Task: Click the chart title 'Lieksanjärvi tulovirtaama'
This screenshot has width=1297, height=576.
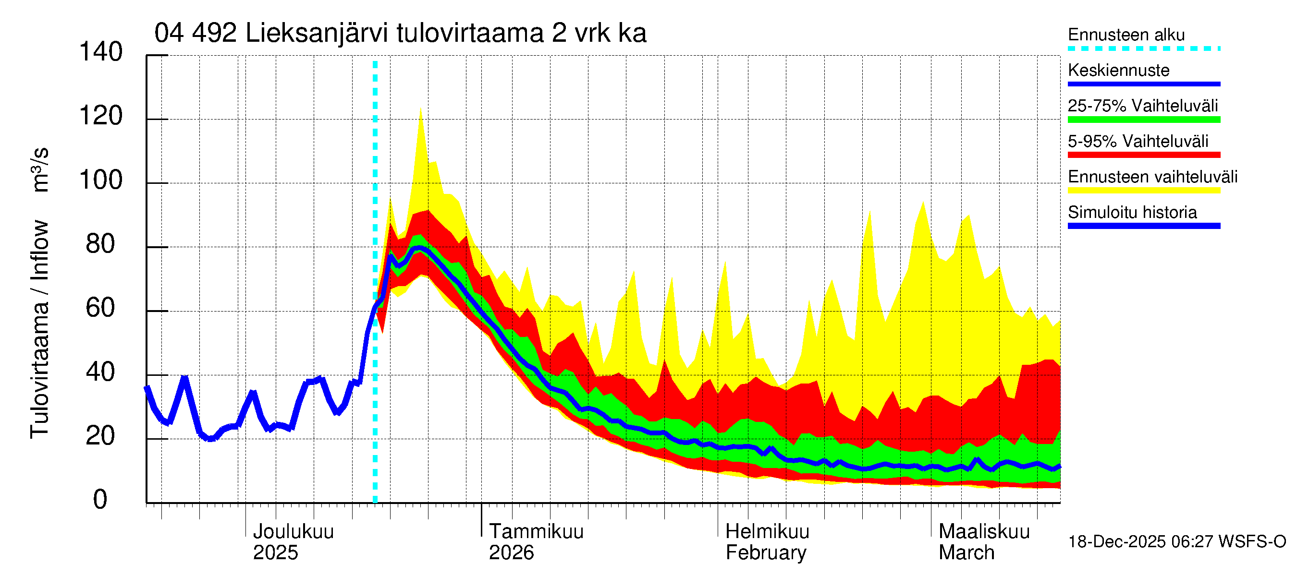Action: coord(400,34)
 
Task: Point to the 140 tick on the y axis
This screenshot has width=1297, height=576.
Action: coord(101,52)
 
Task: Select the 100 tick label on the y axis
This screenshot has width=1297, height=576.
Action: coord(101,180)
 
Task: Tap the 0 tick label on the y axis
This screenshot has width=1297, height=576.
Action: coord(100,500)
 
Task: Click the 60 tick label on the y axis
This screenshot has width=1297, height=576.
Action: coord(101,308)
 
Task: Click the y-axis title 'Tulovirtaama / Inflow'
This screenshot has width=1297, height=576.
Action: coord(39,329)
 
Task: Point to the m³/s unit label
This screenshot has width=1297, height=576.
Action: coord(39,169)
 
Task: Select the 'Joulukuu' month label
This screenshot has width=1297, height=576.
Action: coord(293,531)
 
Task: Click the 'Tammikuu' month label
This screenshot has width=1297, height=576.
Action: coord(536,531)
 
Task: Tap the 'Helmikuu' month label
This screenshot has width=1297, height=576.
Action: coord(767,531)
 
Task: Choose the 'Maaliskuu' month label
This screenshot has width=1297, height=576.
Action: coord(984,531)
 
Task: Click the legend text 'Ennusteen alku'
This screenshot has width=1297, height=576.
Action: coord(1126,35)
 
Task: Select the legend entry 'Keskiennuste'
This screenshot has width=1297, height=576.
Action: coord(1119,70)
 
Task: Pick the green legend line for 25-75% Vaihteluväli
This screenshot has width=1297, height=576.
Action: coord(1144,120)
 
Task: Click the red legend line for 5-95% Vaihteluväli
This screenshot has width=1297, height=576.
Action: coord(1144,155)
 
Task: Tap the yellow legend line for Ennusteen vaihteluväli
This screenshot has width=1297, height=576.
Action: coord(1144,191)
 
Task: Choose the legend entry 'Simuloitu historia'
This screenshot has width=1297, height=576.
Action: coord(1132,212)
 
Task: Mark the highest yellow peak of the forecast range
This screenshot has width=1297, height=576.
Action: coord(420,109)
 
